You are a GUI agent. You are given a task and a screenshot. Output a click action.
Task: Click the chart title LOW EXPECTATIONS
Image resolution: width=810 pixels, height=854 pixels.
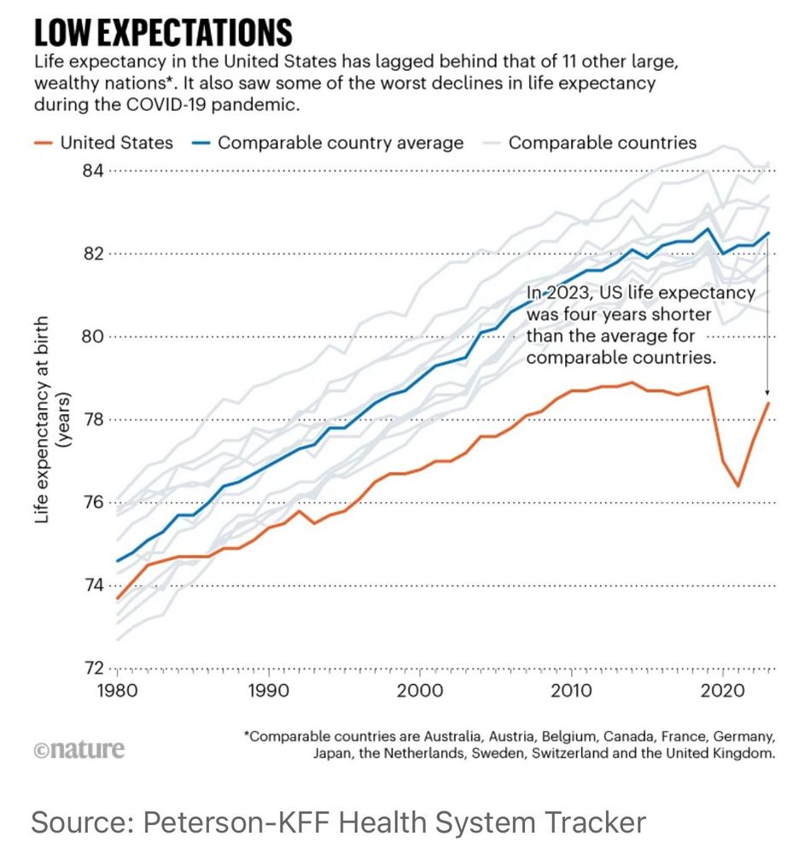pos(162,32)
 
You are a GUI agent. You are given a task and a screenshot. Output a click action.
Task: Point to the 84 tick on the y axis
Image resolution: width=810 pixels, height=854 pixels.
pos(92,171)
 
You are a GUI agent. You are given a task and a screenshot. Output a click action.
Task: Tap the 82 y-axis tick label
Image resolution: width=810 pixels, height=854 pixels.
pos(92,254)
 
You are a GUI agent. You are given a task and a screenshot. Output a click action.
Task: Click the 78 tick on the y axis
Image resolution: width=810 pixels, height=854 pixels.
pos(92,419)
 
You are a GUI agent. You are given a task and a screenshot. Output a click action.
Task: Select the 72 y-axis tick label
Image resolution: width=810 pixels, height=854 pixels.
pos(92,668)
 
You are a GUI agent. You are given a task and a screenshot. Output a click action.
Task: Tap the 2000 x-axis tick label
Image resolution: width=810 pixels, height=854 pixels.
pos(418,690)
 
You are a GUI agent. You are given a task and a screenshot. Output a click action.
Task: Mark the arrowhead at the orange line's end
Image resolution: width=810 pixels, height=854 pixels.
pos(767,394)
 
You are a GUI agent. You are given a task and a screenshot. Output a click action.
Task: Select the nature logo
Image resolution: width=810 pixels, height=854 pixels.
pos(79,750)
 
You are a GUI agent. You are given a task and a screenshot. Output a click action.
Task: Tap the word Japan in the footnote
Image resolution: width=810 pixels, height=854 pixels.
pos(333,754)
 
